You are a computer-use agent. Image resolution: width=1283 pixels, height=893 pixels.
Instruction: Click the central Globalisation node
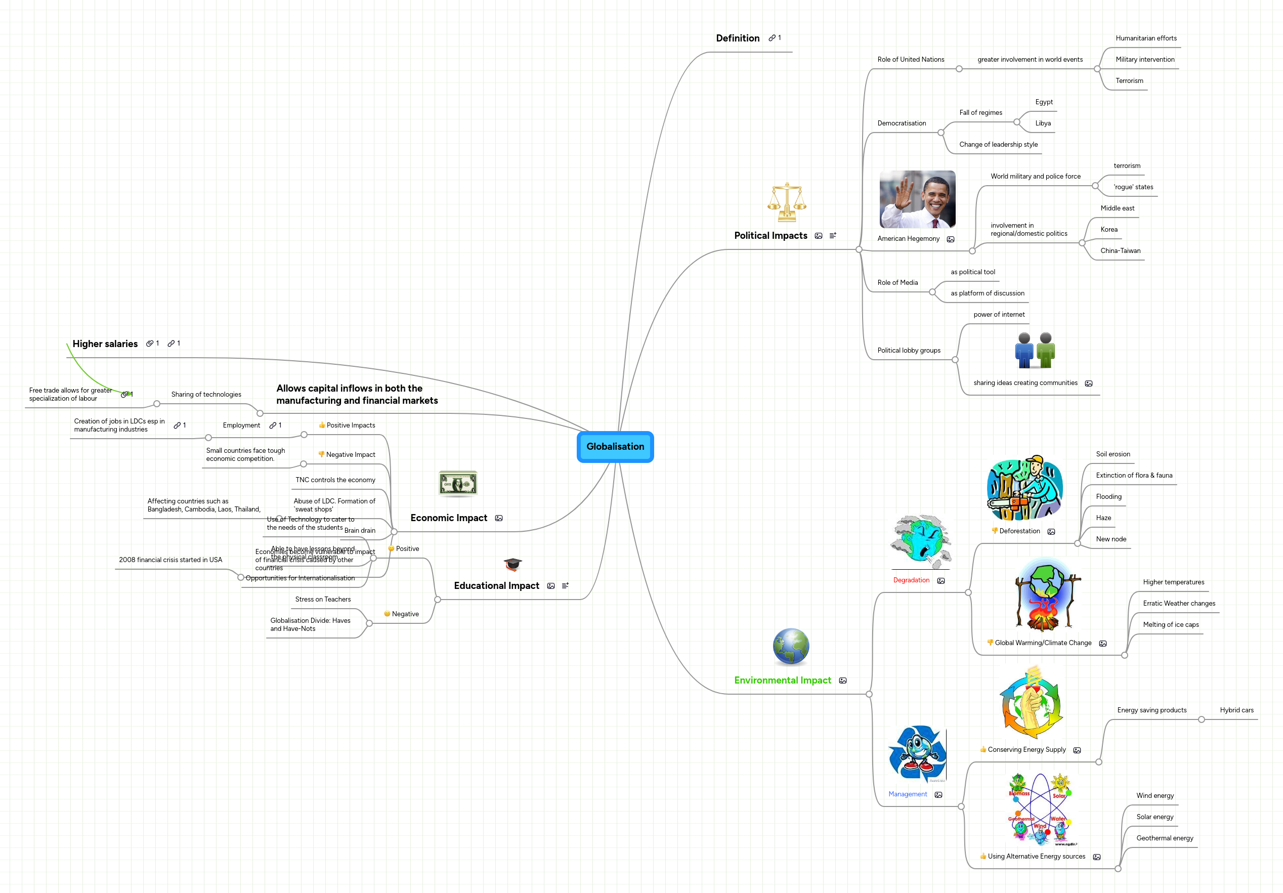click(615, 446)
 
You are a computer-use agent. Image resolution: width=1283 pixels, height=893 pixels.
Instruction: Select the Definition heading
click(738, 38)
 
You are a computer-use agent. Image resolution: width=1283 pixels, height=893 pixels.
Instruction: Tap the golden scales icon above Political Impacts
click(786, 202)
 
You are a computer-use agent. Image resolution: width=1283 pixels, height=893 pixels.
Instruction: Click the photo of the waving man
click(917, 199)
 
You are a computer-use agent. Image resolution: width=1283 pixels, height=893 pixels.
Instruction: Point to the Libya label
click(1043, 123)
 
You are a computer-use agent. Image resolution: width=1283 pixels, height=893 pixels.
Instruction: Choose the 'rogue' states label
click(1133, 187)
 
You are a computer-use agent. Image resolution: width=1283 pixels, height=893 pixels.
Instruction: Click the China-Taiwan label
click(1121, 251)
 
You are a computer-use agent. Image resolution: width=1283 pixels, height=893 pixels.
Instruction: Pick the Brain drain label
click(360, 531)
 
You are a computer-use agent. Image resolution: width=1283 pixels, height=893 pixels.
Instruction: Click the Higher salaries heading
click(105, 344)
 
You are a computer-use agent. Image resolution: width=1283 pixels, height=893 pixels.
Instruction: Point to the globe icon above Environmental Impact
click(791, 647)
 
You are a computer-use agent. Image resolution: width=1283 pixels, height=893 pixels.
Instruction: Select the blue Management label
click(908, 795)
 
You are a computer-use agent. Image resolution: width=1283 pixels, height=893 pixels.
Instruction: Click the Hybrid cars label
click(1236, 710)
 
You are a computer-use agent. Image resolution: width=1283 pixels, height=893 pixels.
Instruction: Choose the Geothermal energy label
click(1165, 838)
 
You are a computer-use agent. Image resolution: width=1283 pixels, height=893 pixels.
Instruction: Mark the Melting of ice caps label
click(1171, 625)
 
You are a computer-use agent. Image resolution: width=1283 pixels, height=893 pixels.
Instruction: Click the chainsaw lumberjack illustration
click(1024, 488)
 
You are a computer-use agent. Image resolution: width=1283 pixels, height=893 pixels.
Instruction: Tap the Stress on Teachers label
click(323, 600)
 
